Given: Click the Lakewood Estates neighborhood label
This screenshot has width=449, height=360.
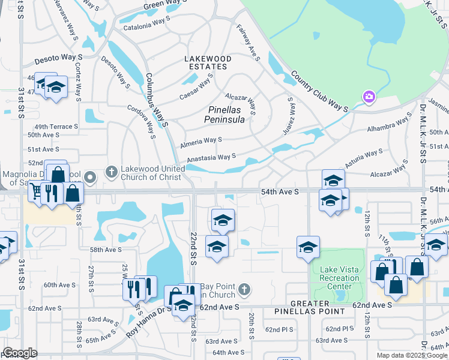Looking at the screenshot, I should pyautogui.click(x=208, y=62).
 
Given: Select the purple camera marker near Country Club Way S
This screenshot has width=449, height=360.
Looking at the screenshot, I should pyautogui.click(x=369, y=97).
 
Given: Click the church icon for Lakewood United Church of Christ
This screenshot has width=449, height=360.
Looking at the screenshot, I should pyautogui.click(x=111, y=173).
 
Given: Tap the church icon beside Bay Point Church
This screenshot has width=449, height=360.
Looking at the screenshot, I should pyautogui.click(x=243, y=290).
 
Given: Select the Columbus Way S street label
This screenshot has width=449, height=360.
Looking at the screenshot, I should pyautogui.click(x=156, y=100).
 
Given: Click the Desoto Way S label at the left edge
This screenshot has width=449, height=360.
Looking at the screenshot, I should pyautogui.click(x=58, y=57).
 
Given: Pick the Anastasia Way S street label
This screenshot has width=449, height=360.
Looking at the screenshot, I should pyautogui.click(x=211, y=158).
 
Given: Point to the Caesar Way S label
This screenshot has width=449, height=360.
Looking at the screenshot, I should pyautogui.click(x=196, y=89).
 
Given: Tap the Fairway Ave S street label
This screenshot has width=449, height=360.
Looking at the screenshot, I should pyautogui.click(x=247, y=43).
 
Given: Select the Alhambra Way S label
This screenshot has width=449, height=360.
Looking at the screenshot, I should pyautogui.click(x=388, y=123).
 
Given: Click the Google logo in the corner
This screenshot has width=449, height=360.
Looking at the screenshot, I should pyautogui.click(x=20, y=353).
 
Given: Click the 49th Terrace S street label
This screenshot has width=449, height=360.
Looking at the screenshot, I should pyautogui.click(x=56, y=127).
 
